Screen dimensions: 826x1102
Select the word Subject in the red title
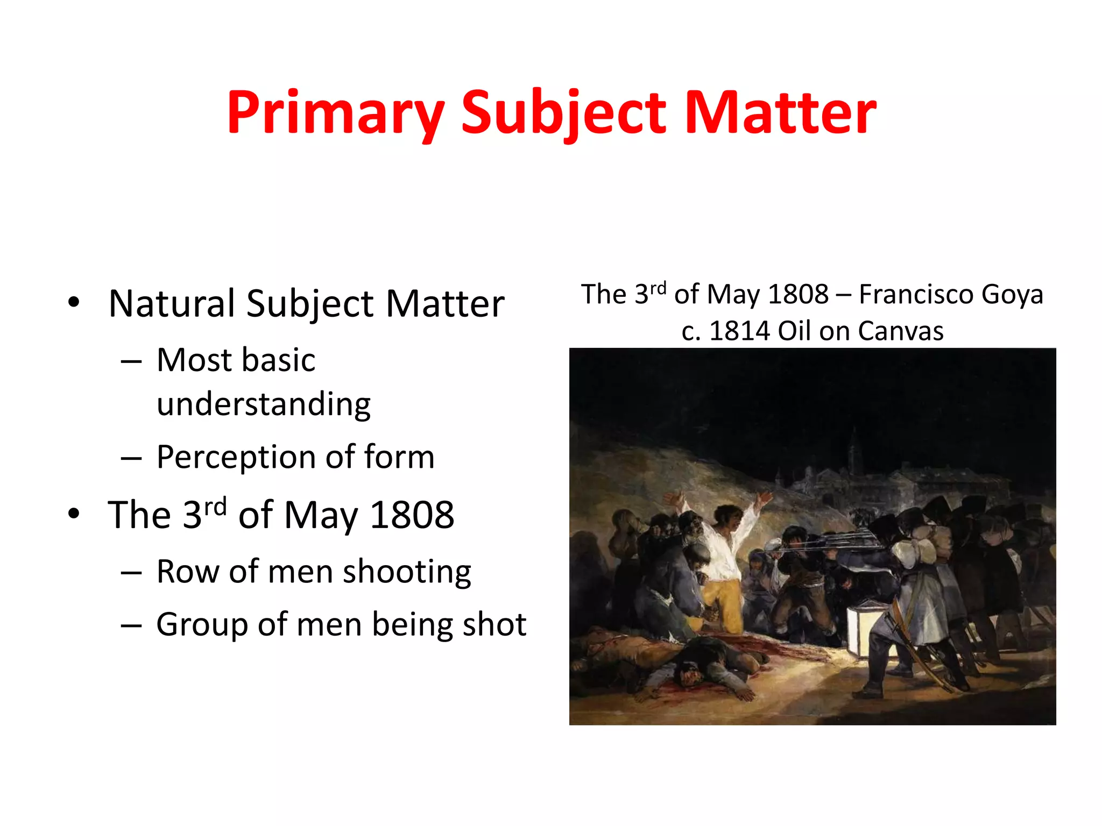(x=564, y=113)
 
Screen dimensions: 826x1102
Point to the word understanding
(x=264, y=404)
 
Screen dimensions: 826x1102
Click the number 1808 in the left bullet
(x=412, y=515)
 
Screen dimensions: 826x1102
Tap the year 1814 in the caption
(x=739, y=331)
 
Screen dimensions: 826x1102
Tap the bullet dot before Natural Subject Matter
(x=74, y=303)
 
